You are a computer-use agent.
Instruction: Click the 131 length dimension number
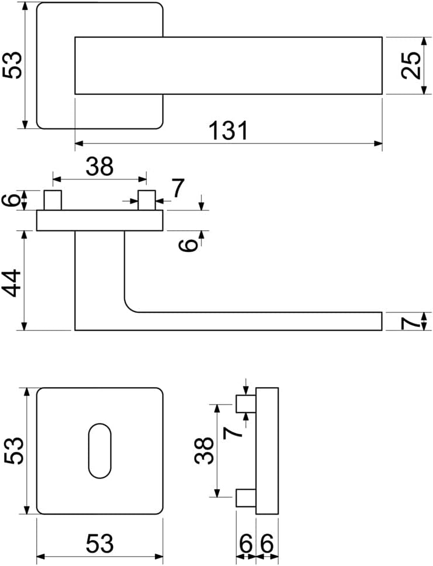229,131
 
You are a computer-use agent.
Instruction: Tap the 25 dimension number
411,65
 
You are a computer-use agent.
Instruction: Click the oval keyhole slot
100,451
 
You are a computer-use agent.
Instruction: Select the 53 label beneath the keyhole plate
100,543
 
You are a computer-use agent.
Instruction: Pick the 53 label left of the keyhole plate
14,451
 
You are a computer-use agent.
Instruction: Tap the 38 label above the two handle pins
100,166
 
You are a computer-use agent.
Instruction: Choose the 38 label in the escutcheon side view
203,450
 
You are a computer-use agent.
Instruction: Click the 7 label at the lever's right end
411,321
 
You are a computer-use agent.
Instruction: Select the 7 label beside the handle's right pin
178,188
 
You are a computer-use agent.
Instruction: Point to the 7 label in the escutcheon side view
232,433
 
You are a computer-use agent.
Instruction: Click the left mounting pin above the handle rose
52,200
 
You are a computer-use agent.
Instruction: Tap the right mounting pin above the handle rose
147,200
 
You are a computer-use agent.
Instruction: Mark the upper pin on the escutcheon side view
246,404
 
